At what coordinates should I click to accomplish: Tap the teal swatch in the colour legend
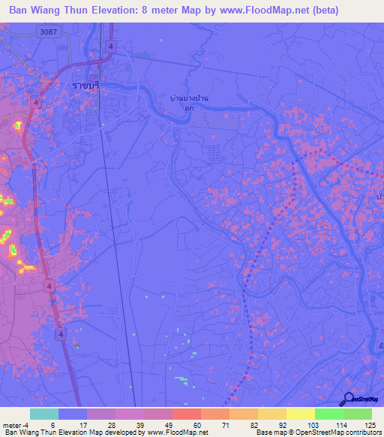coord(43,414)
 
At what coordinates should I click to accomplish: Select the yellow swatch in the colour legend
coord(300,414)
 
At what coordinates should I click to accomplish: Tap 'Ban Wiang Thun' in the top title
coord(49,11)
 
